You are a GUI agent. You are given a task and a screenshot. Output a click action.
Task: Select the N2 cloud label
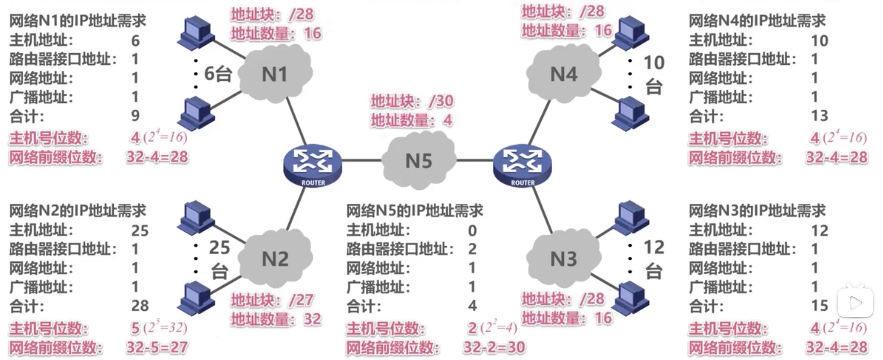pos(275,259)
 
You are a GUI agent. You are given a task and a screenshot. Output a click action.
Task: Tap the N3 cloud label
pos(563,259)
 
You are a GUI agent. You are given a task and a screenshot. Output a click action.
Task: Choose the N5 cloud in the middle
pos(419,161)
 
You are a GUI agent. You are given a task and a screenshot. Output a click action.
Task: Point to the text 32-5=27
pos(157,347)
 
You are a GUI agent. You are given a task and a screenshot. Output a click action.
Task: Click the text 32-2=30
pos(494,347)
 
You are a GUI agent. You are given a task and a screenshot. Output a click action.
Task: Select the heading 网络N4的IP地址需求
pos(757,21)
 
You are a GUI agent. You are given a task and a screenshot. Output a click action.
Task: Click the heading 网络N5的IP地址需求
pos(415,211)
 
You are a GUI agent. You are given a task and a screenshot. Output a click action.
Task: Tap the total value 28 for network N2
pos(140,305)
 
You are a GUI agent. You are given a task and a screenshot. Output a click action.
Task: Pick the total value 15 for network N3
pos(820,305)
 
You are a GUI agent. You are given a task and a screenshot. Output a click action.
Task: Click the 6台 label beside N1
pos(218,74)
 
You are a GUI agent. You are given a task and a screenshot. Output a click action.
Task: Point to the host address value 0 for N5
pos(472,230)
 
